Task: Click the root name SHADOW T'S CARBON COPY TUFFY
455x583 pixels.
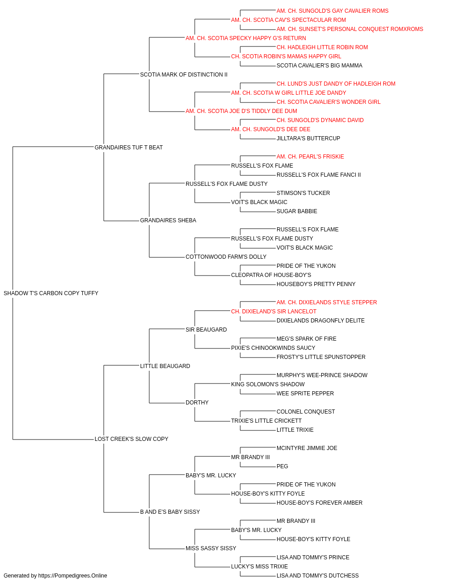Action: point(51,293)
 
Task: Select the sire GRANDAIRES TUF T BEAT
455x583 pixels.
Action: point(129,147)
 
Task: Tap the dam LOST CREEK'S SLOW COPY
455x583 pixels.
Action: point(131,439)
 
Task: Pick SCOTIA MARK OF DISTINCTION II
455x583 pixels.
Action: point(184,75)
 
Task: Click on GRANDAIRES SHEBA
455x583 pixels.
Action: point(168,220)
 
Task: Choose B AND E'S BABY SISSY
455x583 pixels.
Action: point(170,511)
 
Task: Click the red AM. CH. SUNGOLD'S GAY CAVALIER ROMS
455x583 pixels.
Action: point(333,11)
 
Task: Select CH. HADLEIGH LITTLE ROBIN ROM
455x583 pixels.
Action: point(322,47)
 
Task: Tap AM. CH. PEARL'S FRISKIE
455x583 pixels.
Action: point(310,156)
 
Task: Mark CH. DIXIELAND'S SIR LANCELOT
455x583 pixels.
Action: point(273,311)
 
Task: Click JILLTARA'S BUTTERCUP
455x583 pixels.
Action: point(308,138)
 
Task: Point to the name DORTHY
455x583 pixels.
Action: point(197,403)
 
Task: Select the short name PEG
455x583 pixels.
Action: point(282,466)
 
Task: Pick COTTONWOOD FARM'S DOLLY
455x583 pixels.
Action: point(226,257)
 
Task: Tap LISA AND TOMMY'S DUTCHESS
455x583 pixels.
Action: point(318,576)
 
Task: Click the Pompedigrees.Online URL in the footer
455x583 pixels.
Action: point(72,576)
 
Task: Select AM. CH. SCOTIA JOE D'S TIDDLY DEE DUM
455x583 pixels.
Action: point(241,111)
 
